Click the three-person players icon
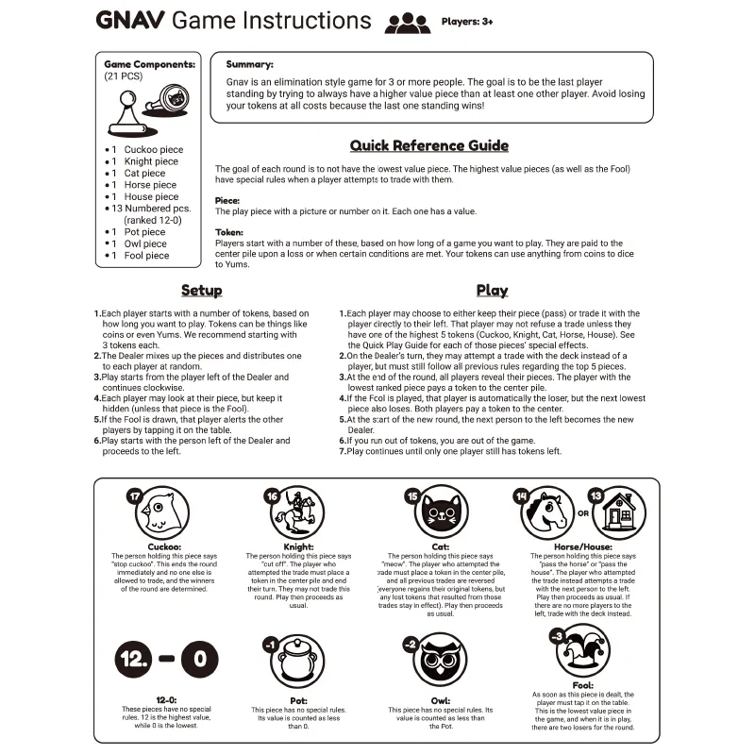click(407, 23)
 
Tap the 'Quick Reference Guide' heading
click(429, 145)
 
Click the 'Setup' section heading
click(202, 291)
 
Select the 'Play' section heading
click(492, 291)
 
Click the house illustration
click(619, 514)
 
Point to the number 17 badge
click(134, 495)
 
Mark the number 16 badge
click(272, 495)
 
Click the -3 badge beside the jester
click(557, 634)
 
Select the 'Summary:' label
click(250, 64)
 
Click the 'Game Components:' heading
click(150, 64)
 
